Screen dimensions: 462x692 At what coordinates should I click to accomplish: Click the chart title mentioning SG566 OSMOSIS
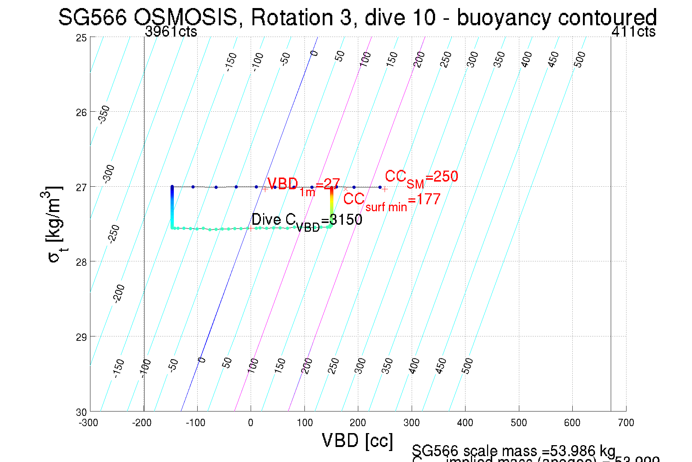[x=357, y=17]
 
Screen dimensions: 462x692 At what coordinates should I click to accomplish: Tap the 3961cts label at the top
[x=171, y=32]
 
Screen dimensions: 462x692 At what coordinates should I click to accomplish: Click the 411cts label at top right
[x=633, y=32]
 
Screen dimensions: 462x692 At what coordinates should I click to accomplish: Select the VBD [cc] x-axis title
[x=357, y=440]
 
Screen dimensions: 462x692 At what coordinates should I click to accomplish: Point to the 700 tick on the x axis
[x=626, y=423]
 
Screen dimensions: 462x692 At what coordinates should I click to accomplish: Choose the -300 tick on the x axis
[x=89, y=423]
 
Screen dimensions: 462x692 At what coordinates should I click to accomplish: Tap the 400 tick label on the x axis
[x=465, y=423]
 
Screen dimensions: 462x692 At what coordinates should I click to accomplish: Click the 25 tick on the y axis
[x=81, y=38]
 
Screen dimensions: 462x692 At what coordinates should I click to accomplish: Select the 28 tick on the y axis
[x=81, y=262]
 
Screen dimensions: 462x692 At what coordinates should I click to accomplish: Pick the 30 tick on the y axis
[x=81, y=412]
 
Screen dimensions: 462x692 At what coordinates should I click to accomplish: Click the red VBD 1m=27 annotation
[x=304, y=185]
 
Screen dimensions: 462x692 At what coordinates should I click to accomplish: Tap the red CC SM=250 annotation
[x=421, y=178]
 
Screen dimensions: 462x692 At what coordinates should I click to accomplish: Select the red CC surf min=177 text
[x=392, y=201]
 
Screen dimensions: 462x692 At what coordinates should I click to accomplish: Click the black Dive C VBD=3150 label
[x=307, y=221]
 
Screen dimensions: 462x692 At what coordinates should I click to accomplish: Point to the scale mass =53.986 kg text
[x=513, y=451]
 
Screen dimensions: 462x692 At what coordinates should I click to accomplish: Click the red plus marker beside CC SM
[x=385, y=189]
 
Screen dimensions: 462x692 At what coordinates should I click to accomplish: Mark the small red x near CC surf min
[x=346, y=189]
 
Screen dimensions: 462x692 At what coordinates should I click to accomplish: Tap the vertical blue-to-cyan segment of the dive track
[x=172, y=207]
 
